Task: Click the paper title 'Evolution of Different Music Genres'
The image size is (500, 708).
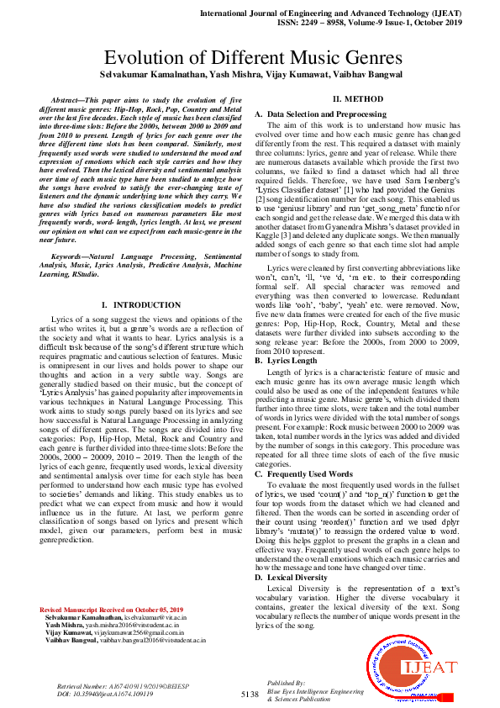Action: pos(250,59)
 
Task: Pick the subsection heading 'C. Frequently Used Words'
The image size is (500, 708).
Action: pos(303,474)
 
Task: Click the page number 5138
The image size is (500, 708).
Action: pos(250,694)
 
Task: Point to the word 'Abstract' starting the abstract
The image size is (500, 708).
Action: pos(70,99)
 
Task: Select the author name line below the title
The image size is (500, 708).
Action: pos(250,75)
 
